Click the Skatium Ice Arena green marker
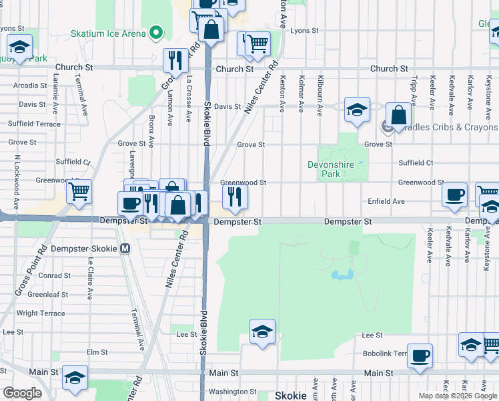click(156, 32)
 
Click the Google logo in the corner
click(22, 393)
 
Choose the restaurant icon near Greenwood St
click(234, 196)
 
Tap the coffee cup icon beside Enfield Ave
click(454, 194)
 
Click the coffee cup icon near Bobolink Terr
click(420, 356)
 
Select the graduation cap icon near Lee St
click(262, 331)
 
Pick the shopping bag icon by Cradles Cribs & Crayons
click(398, 115)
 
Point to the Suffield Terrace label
click(34, 124)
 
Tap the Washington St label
click(232, 392)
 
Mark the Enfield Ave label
click(386, 201)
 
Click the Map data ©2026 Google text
click(458, 396)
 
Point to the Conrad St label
click(54, 275)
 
